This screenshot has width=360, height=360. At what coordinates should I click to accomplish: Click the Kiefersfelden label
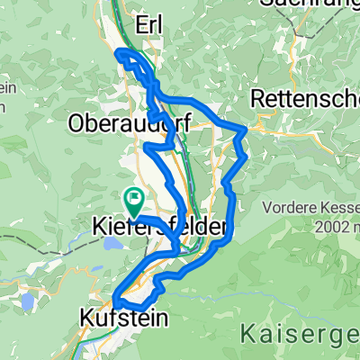(x=157, y=229)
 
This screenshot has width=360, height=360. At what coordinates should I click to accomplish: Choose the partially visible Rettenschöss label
(x=306, y=95)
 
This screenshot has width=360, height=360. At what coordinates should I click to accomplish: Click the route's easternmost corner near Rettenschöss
(x=247, y=130)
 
